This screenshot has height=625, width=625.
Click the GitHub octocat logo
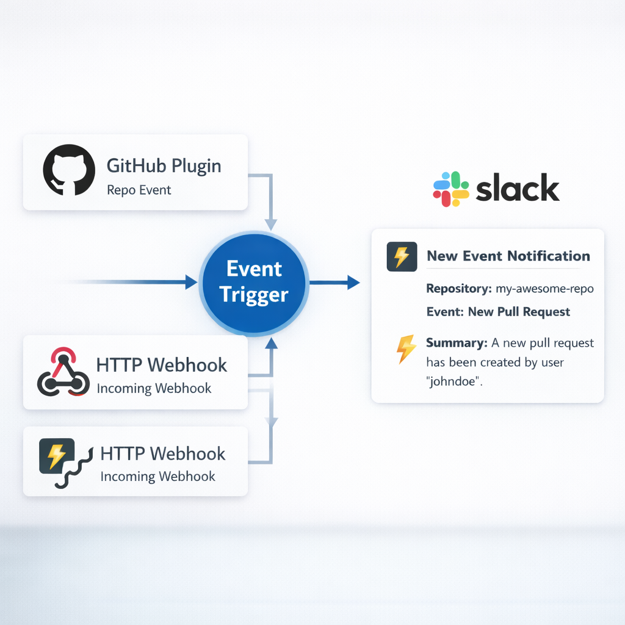[68, 170]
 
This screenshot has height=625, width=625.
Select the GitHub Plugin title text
[164, 165]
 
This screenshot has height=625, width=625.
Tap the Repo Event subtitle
[139, 190]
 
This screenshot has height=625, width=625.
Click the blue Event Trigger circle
[254, 282]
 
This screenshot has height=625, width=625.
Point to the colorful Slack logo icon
[450, 189]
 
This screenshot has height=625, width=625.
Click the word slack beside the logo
[517, 189]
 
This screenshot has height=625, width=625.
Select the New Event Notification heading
[508, 256]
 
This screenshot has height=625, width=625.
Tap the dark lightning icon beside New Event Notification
[402, 256]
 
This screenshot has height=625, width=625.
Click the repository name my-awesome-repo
[545, 289]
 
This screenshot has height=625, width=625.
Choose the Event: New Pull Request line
[498, 312]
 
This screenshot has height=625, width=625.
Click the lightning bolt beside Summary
[406, 349]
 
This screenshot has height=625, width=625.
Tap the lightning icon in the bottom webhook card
[56, 455]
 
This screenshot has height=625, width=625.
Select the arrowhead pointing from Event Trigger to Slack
[353, 282]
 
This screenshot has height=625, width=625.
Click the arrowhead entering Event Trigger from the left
[191, 282]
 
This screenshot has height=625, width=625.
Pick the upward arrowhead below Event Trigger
[272, 344]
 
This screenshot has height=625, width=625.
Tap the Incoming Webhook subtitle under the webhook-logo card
[154, 388]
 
